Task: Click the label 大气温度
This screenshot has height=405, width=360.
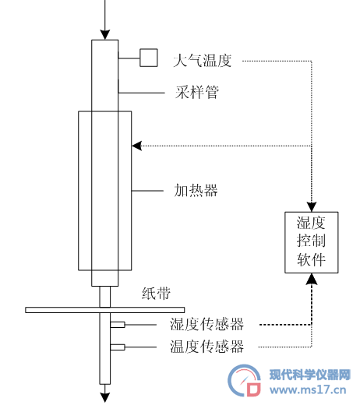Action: coord(203,61)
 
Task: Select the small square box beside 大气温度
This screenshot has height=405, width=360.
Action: coord(149,58)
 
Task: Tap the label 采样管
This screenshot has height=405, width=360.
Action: coord(197,92)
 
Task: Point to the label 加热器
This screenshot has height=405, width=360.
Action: coord(196,190)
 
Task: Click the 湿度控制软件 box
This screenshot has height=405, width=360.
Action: coord(312,242)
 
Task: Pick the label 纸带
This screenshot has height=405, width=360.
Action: coord(156,294)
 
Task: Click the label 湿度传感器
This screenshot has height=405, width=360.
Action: coord(206,324)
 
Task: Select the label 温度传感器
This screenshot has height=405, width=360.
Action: coord(206,347)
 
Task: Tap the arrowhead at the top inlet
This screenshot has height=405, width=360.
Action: coord(105,35)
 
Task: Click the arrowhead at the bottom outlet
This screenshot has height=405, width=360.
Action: coord(105,397)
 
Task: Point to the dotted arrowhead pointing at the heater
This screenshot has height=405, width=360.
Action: coord(136,146)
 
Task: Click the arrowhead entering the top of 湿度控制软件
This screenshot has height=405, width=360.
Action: coord(312,207)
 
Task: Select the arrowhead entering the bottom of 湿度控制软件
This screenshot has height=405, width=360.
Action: coord(312,278)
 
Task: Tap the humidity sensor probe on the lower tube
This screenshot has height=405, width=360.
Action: coord(118,325)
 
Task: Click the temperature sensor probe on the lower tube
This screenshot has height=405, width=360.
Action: coord(118,347)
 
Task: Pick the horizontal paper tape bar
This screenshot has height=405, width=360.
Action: coord(105,310)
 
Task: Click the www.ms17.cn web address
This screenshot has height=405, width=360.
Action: coord(308,390)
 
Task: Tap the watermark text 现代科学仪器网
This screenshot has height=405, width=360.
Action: coord(310,375)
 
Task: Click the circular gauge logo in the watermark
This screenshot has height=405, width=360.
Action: coord(244,380)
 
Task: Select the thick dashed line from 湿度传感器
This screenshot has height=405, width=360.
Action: coord(286,325)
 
